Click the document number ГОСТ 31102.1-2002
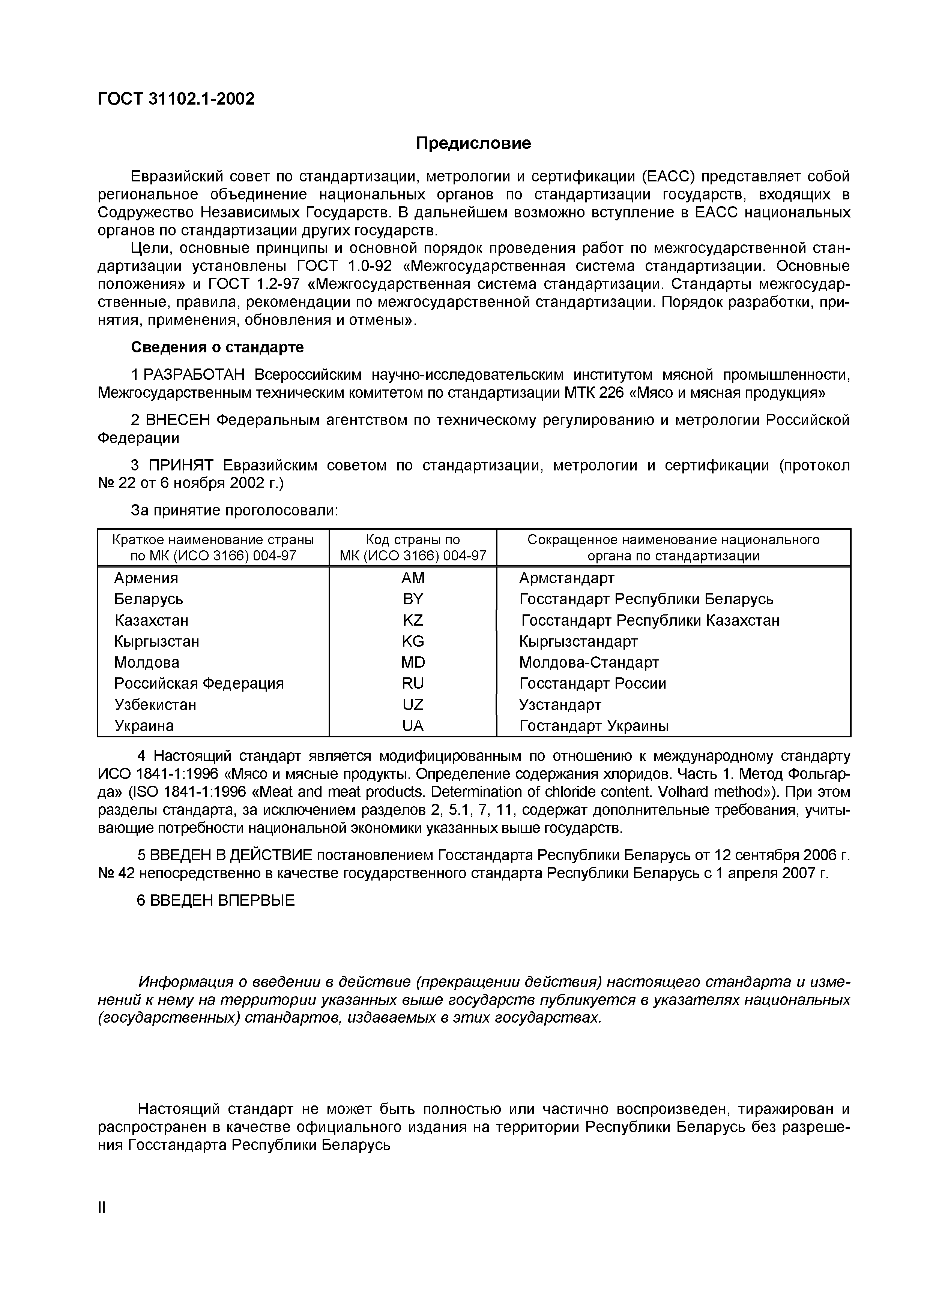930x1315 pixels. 176,99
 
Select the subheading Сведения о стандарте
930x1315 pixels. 217,347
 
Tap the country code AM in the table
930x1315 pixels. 413,578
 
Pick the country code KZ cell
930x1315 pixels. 413,620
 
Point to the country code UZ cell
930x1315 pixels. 413,704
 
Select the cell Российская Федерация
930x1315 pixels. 199,683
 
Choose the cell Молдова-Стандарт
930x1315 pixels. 589,663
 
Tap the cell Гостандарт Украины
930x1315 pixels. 593,726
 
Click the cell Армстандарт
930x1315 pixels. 566,578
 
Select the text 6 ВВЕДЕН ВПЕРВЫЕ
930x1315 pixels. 215,900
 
